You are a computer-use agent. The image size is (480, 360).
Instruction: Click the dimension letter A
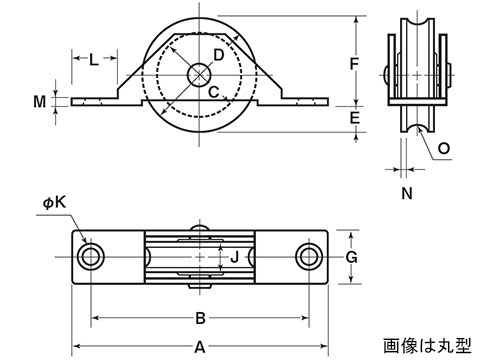click(x=200, y=347)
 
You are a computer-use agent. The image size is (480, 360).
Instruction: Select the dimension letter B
click(x=200, y=318)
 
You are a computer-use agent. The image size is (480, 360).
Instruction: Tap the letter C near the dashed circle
click(x=214, y=92)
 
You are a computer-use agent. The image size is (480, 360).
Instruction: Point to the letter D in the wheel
click(x=218, y=55)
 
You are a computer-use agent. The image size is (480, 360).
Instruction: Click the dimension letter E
click(x=355, y=118)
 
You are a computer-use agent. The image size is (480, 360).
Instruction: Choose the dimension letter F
click(x=354, y=64)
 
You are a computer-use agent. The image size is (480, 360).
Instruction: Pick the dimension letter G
click(x=351, y=257)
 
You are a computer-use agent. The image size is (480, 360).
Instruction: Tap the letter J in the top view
click(x=235, y=257)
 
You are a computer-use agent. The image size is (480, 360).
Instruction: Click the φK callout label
click(x=54, y=202)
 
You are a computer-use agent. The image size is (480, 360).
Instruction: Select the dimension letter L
click(x=94, y=60)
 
